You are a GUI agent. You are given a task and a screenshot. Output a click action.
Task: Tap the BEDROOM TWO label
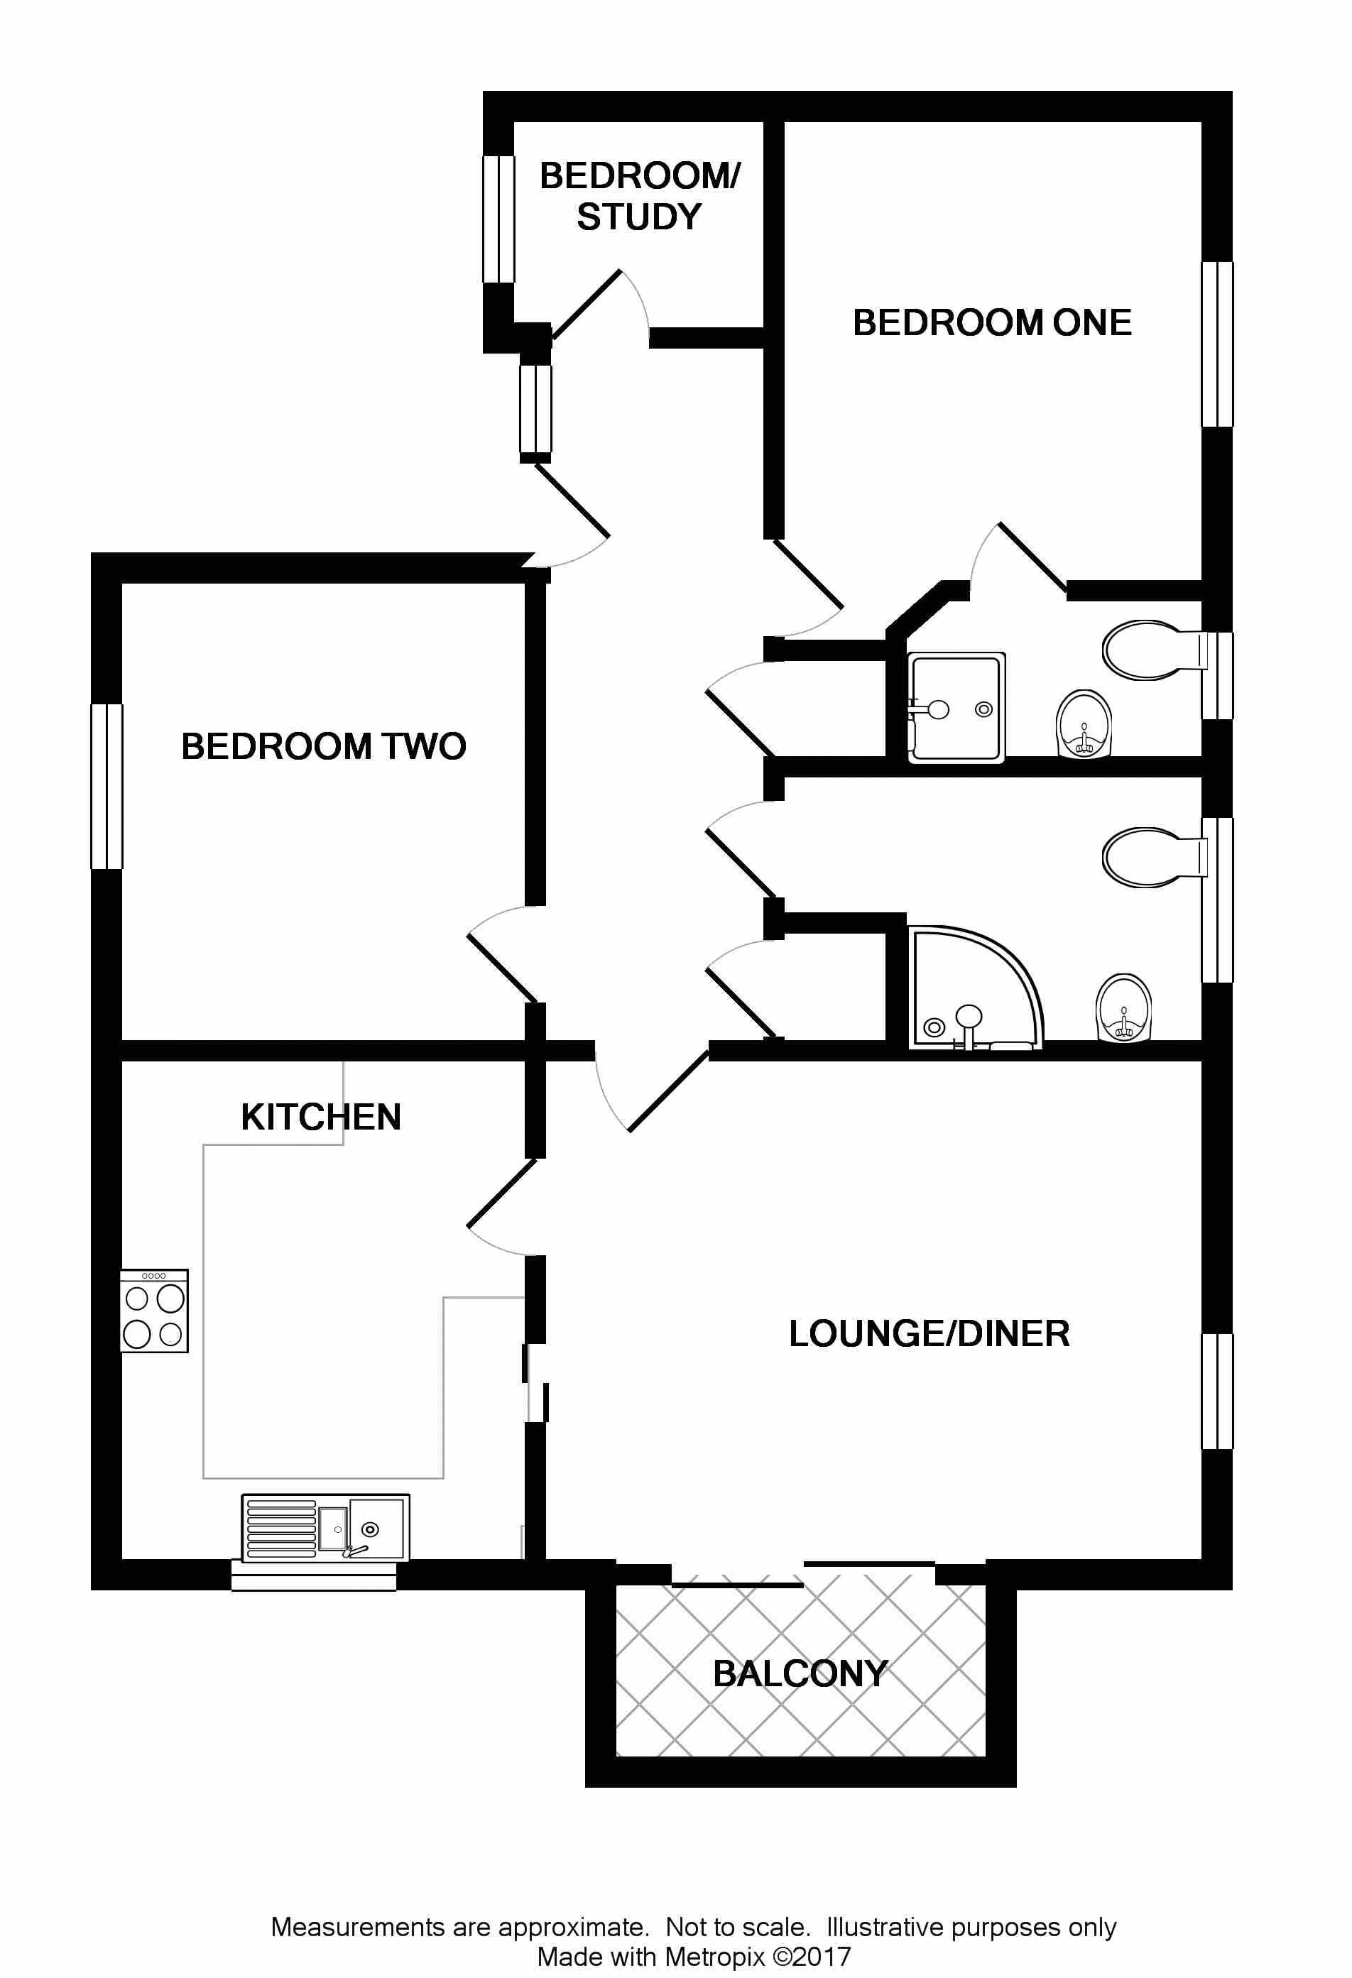point(324,746)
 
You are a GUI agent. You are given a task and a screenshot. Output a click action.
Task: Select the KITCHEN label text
point(321,1118)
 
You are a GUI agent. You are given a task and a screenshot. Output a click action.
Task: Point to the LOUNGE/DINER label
point(929,1334)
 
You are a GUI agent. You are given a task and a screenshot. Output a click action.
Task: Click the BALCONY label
point(800,1673)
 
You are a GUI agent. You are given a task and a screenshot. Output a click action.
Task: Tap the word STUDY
point(639,217)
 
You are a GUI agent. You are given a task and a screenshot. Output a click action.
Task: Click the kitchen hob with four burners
point(154,1311)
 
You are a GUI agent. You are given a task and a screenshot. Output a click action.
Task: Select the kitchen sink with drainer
point(325,1528)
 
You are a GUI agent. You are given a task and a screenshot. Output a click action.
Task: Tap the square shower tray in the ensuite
point(956,706)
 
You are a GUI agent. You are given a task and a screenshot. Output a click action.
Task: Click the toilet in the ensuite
point(1150,651)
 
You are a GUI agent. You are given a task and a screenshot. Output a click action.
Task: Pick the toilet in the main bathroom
point(1150,857)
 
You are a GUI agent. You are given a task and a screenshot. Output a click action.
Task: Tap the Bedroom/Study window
point(499,219)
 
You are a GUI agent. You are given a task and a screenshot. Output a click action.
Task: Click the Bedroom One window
point(1218,344)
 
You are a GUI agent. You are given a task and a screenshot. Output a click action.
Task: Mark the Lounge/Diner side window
point(1218,1391)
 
